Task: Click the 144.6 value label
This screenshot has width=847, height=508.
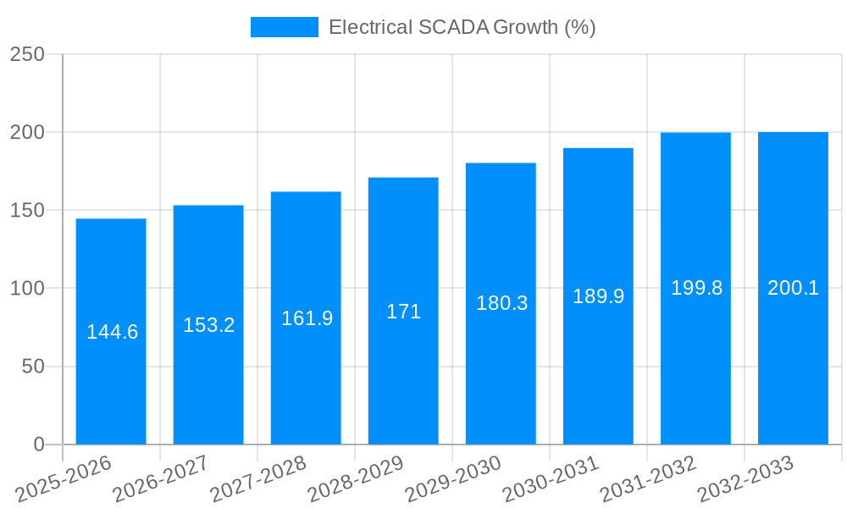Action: coord(112,332)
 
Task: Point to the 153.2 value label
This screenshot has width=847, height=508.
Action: coord(208,325)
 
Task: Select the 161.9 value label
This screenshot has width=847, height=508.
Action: coord(307,318)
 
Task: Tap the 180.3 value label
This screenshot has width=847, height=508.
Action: coord(501,303)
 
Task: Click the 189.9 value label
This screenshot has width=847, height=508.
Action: coord(598,296)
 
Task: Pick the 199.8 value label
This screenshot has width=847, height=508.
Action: coord(696,288)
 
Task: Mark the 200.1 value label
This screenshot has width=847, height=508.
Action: coord(793,288)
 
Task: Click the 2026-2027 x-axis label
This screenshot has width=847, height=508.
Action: coord(162,480)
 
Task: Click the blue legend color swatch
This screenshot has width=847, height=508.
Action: coord(284,27)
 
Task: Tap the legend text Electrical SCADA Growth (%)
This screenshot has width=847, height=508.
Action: coord(462,27)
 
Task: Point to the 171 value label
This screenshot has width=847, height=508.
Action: coord(403,312)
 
